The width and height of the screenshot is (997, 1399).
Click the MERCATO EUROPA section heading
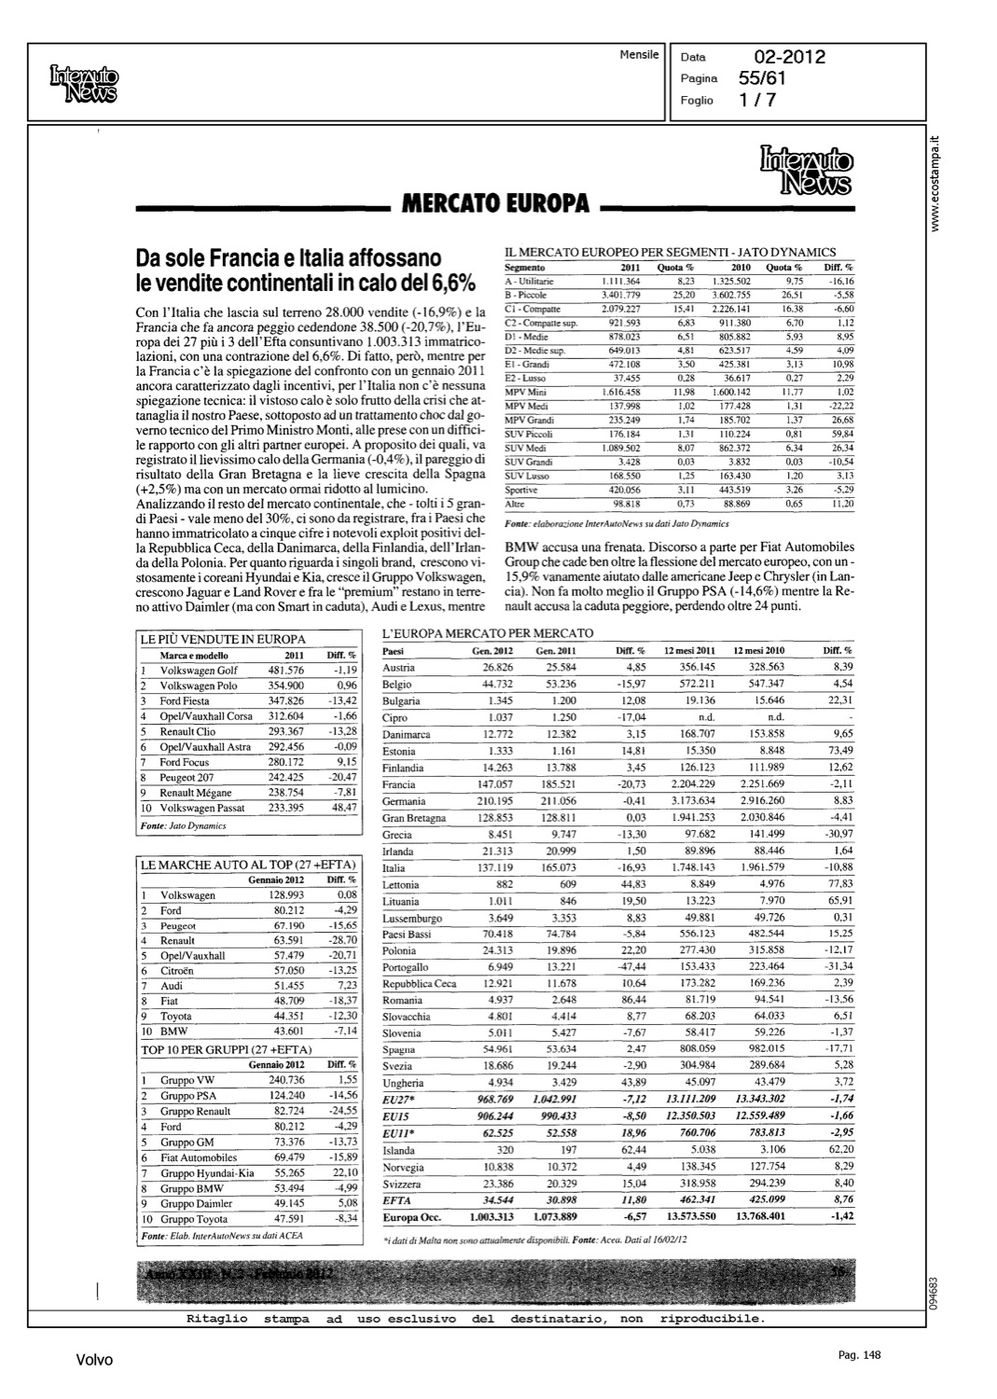495,203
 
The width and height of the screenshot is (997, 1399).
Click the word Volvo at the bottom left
94,1360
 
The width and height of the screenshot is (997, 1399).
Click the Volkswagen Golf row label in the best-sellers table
199,671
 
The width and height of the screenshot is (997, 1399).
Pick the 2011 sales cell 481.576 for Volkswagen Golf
285,671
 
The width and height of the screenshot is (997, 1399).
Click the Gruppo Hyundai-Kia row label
207,1173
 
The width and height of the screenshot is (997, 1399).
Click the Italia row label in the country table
394,867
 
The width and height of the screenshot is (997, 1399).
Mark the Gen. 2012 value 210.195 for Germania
494,801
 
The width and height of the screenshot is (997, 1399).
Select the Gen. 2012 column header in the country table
492,650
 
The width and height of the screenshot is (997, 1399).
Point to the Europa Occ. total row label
410,1217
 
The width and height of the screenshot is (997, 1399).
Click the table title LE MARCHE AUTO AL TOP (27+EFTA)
248,866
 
